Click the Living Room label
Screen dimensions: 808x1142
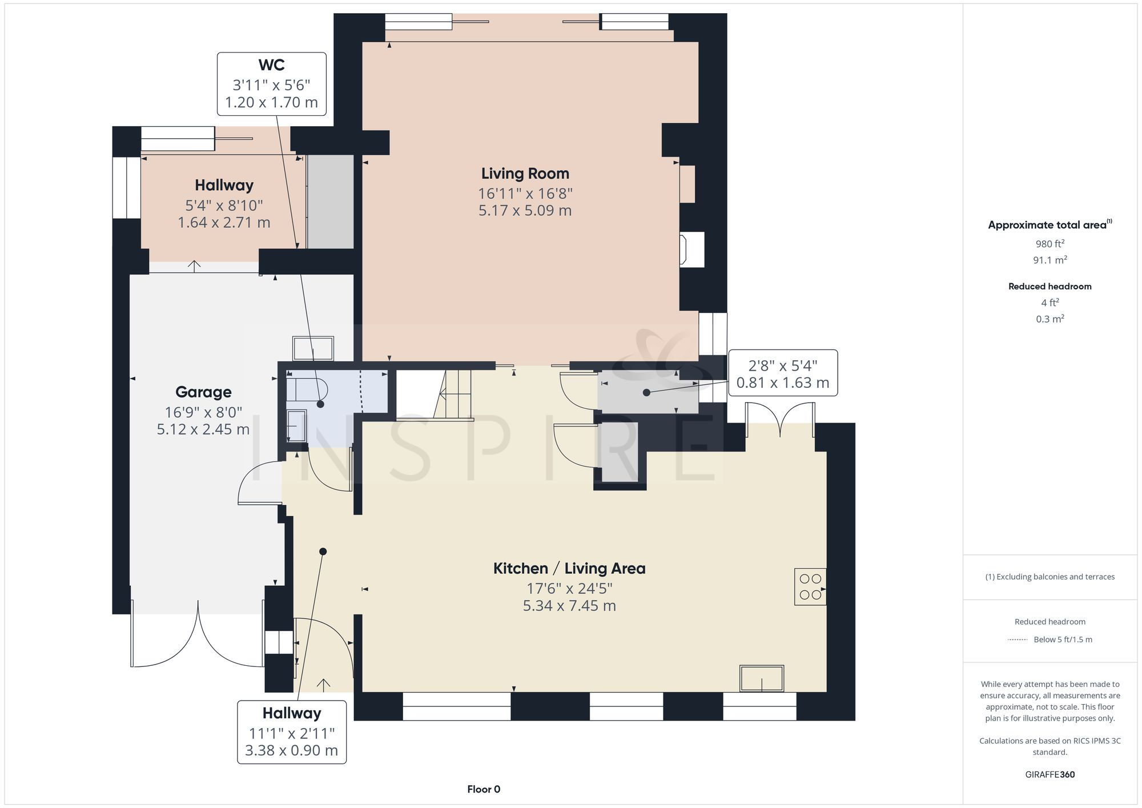[525, 174]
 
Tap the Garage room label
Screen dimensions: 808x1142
[203, 392]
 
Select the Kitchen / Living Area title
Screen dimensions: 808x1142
[569, 569]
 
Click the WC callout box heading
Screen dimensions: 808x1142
[271, 65]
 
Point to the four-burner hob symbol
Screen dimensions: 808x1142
[810, 586]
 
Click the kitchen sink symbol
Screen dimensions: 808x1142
[762, 678]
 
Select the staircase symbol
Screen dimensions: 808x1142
[434, 395]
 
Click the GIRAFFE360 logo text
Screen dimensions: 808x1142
[1049, 775]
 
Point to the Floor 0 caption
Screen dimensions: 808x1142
[483, 789]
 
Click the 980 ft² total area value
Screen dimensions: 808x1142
[1049, 244]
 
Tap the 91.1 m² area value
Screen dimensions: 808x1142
[1049, 260]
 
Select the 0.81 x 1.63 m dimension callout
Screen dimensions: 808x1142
[782, 383]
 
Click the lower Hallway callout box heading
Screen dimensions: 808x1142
[291, 713]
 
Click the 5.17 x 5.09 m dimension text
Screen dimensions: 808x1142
[525, 211]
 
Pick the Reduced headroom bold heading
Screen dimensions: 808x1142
[1049, 287]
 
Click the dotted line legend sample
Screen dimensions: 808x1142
[1018, 640]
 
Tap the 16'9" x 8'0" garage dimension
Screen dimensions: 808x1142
[203, 412]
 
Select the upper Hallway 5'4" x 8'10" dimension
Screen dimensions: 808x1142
[224, 206]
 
